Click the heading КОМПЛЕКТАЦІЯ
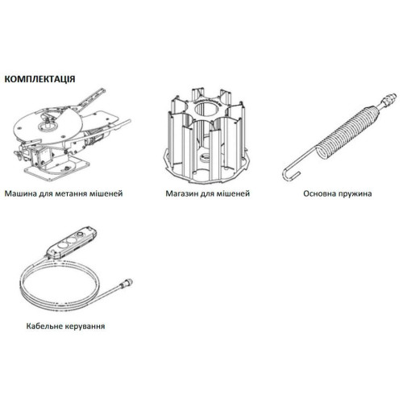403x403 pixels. point(39,79)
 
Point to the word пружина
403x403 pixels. point(355,193)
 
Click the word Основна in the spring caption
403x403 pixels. point(320,193)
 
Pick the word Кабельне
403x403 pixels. point(44,326)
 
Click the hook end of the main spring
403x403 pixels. point(290,174)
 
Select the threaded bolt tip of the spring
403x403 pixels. point(388,99)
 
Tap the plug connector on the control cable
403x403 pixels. point(126,283)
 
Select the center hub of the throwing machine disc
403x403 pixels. point(48,125)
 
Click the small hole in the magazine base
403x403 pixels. point(206,156)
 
